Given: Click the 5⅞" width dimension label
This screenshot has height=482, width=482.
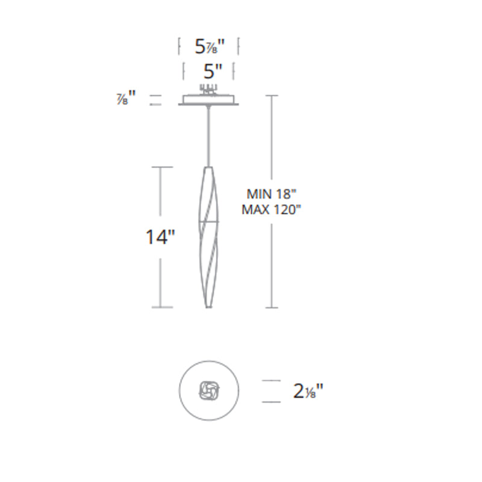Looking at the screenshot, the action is click(210, 47).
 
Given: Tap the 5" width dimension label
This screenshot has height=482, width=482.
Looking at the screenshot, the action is click(213, 71).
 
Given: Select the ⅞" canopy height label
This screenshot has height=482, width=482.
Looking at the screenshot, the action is click(126, 98).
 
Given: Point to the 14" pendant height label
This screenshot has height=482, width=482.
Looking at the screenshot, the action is click(160, 237).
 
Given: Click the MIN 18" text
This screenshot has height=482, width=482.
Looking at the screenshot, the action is click(271, 194).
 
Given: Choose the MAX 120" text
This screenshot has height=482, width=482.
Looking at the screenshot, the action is click(271, 210).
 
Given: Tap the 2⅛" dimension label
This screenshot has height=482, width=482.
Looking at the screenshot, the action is click(308, 391).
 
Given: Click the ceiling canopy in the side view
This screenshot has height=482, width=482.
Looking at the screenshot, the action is click(208, 100).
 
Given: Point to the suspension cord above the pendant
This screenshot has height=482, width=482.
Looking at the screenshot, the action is click(209, 136).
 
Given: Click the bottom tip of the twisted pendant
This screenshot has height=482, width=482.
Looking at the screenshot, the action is click(208, 307).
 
